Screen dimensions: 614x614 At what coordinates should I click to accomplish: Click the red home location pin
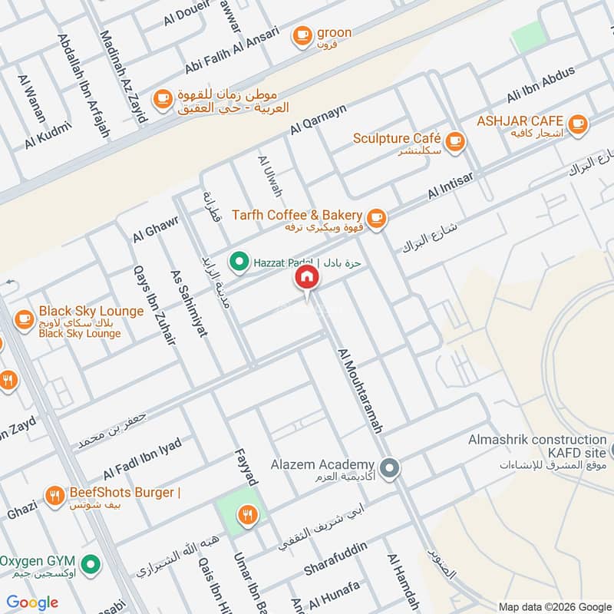point(306,278)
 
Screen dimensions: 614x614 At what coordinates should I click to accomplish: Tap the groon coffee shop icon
point(302,35)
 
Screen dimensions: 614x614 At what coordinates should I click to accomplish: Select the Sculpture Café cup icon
point(455,140)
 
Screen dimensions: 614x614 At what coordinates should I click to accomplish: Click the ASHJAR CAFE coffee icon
point(577,122)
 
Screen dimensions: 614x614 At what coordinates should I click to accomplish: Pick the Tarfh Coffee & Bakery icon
point(375,218)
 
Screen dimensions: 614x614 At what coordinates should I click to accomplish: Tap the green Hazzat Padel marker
point(239,263)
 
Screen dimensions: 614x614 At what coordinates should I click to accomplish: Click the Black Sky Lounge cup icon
point(24,317)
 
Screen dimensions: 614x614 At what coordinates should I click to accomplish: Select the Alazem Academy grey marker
point(390,466)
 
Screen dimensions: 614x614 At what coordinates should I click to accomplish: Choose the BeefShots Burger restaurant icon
point(54,495)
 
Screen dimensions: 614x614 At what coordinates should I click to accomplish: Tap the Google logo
point(32,602)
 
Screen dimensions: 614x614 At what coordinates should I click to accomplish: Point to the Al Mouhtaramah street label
point(359,390)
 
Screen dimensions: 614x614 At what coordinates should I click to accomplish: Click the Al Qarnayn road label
point(319,121)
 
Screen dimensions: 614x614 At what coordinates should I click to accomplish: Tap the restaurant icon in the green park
point(246,515)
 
